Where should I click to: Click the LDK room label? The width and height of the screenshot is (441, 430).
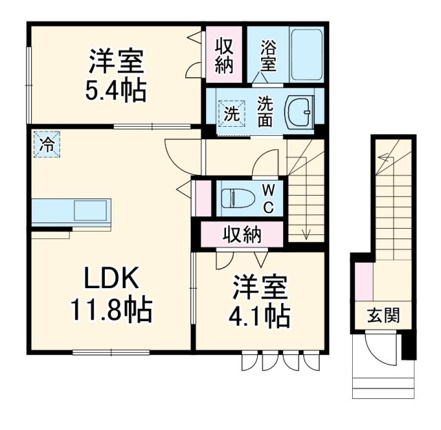point(113,279)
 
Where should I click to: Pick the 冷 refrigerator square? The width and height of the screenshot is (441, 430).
point(46,145)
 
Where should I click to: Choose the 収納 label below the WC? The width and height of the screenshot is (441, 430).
point(241,235)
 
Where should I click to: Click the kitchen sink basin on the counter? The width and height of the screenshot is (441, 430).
point(91,209)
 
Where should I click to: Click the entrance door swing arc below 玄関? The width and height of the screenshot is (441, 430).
point(379,350)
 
